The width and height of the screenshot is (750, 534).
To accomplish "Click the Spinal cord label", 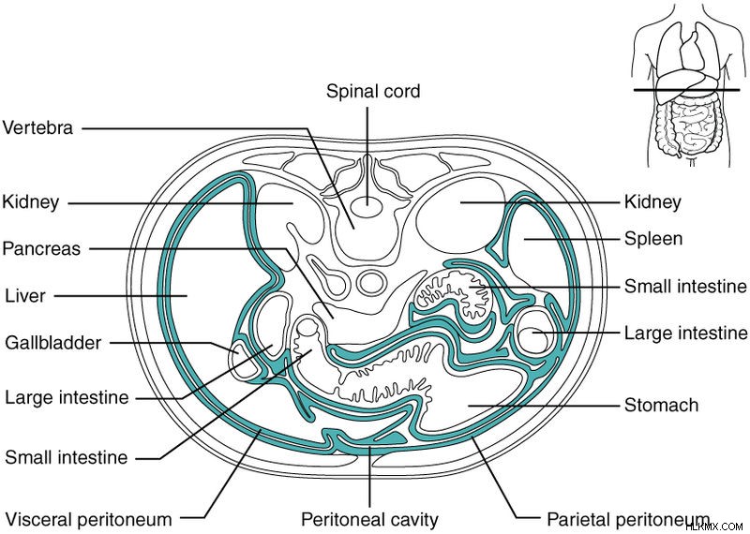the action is pos(373,91).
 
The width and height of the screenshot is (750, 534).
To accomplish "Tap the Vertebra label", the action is pos(37,127).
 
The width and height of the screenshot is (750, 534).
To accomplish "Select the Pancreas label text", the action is pos(41,248).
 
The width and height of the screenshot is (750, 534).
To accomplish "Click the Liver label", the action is pos(25,296).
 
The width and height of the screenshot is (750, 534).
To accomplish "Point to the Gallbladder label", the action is pos(53,343).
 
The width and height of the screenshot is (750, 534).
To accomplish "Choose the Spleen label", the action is pos(653,239).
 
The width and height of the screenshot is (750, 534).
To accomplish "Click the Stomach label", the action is pos(662,406).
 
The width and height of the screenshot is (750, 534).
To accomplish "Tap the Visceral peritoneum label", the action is pos(88,519).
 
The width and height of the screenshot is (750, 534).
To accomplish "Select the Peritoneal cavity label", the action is pos(369,519).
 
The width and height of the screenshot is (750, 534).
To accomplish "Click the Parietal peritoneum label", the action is pos(628,519).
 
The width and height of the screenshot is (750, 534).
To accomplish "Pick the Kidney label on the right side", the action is pos(652,201).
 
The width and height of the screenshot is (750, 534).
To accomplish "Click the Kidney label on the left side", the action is pos(31,201).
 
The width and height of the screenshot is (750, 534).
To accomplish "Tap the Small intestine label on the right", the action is pos(685,287).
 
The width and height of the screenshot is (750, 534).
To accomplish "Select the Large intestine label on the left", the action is pos(67,397).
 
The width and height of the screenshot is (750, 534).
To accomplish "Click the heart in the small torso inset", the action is pos(692,51).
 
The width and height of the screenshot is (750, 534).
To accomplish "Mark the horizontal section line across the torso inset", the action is pos(687,90).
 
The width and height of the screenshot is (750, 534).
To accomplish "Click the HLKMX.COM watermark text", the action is pos(718,527).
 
